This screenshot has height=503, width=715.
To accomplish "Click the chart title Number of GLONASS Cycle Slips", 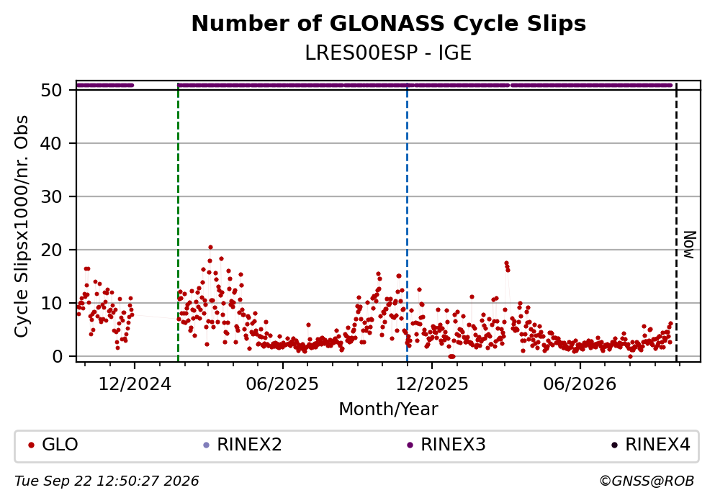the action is [389, 24].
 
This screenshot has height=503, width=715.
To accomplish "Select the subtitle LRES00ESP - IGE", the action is [388, 53].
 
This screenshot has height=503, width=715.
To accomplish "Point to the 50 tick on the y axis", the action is [51, 90].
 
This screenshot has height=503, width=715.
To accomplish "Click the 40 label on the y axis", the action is [51, 143].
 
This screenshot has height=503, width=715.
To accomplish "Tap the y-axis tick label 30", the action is [51, 197].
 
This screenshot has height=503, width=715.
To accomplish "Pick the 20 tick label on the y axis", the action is [51, 250].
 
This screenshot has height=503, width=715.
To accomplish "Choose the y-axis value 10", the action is [51, 304].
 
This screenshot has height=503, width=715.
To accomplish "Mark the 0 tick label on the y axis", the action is [57, 356].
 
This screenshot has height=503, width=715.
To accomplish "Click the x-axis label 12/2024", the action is [135, 384].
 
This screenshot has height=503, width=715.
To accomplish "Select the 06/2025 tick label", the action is [282, 384].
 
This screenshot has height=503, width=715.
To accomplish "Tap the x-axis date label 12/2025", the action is [432, 384].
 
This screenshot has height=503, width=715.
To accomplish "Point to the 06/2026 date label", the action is [580, 384].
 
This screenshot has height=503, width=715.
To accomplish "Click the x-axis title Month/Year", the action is [388, 409].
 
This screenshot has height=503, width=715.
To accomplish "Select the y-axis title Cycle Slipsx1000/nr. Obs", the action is [21, 226].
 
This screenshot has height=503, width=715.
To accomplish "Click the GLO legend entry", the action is [54, 445].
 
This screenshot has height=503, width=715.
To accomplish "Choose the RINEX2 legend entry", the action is [243, 445].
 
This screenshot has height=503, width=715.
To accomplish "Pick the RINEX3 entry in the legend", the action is [446, 445].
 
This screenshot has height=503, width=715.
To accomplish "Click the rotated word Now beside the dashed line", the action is [690, 245].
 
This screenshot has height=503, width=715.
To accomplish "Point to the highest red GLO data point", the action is [210, 248].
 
